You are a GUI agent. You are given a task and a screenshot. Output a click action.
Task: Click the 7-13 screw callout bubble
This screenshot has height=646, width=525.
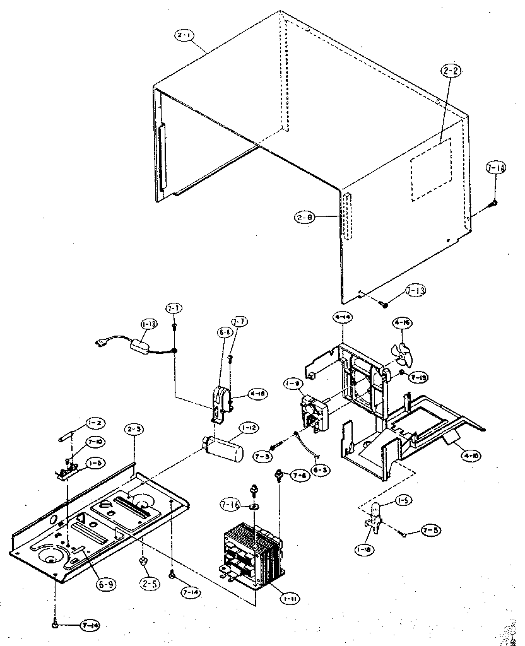[x=415, y=291]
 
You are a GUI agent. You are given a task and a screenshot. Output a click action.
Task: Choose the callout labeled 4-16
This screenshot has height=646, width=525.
[x=402, y=323]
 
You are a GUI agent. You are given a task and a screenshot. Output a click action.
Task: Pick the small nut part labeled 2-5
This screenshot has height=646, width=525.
[x=144, y=559]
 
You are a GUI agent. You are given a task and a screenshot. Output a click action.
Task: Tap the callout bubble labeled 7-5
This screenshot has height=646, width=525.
[x=433, y=530]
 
